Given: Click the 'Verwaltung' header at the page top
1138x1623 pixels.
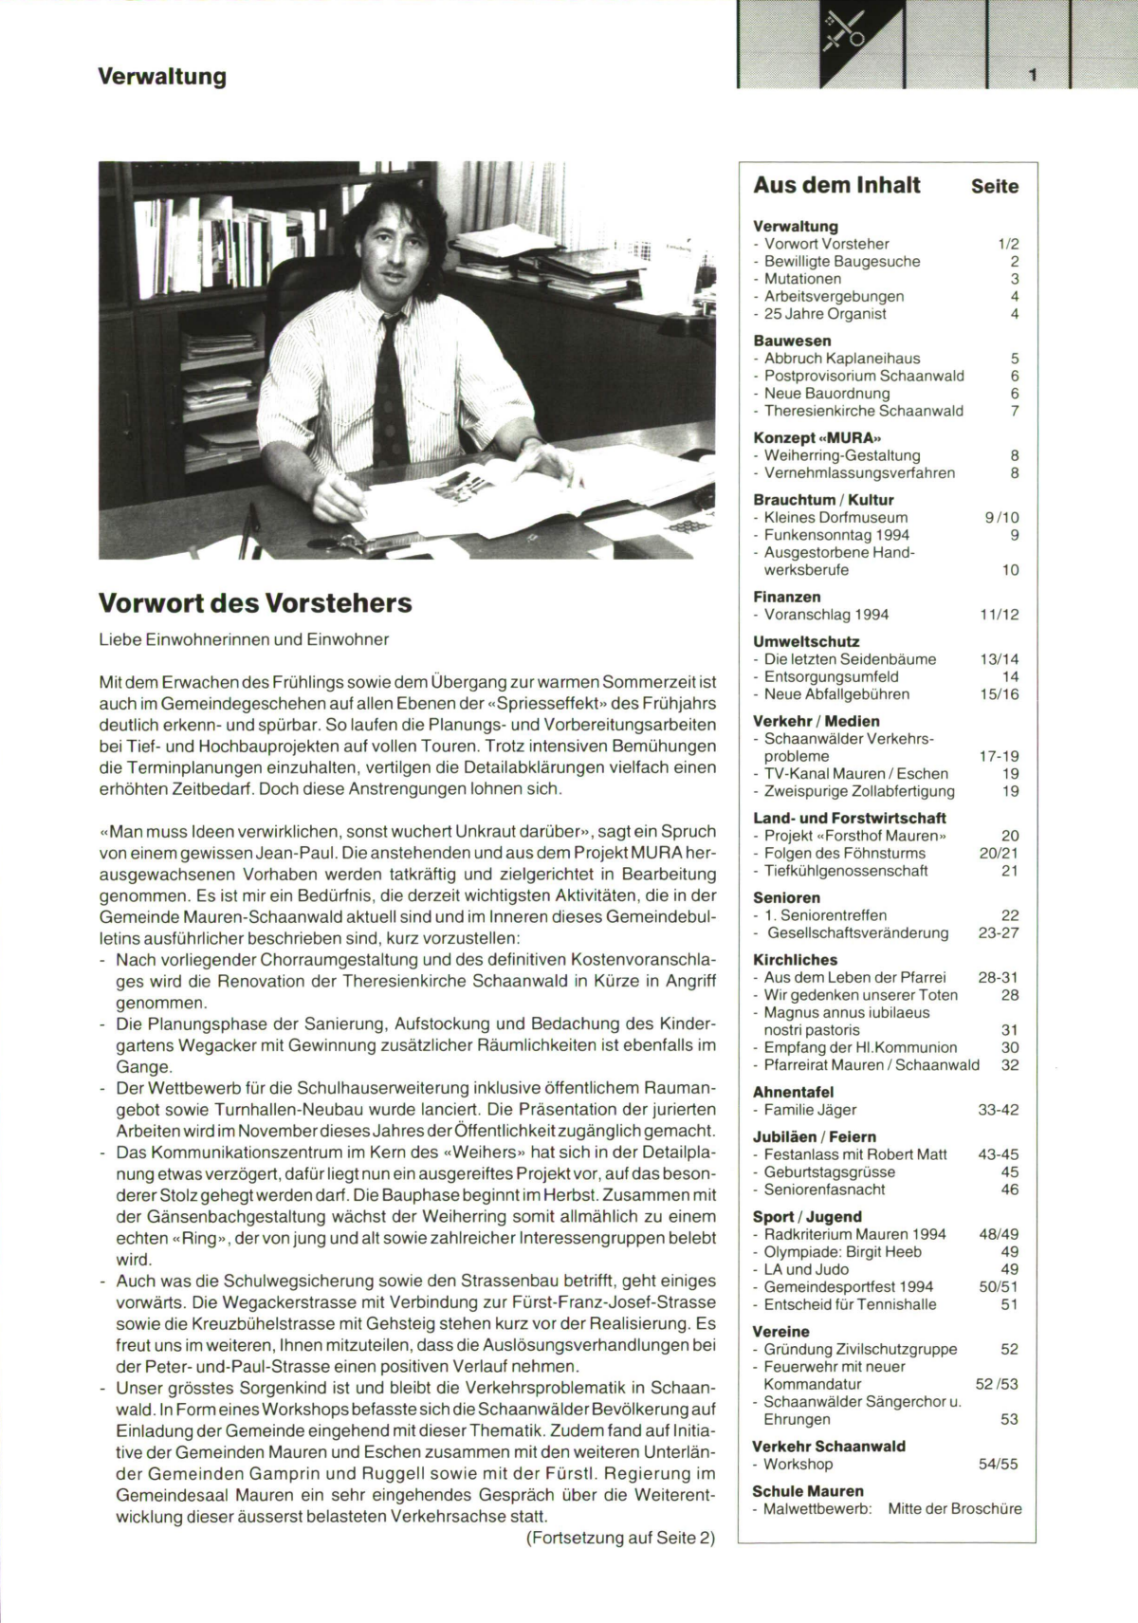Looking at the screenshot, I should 162,76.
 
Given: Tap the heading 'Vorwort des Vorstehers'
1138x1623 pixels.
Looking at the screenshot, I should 255,603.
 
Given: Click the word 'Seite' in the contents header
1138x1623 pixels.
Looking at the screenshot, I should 994,187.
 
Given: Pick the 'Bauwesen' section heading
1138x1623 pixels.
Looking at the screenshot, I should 792,341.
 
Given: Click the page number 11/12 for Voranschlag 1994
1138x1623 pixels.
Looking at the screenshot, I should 999,615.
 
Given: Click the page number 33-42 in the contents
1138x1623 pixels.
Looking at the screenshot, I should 998,1110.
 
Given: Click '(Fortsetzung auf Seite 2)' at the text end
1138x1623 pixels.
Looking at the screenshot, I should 620,1539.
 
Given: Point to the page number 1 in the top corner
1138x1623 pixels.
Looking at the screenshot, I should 1032,75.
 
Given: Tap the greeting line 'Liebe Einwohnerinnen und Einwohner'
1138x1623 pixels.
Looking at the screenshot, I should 244,639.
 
